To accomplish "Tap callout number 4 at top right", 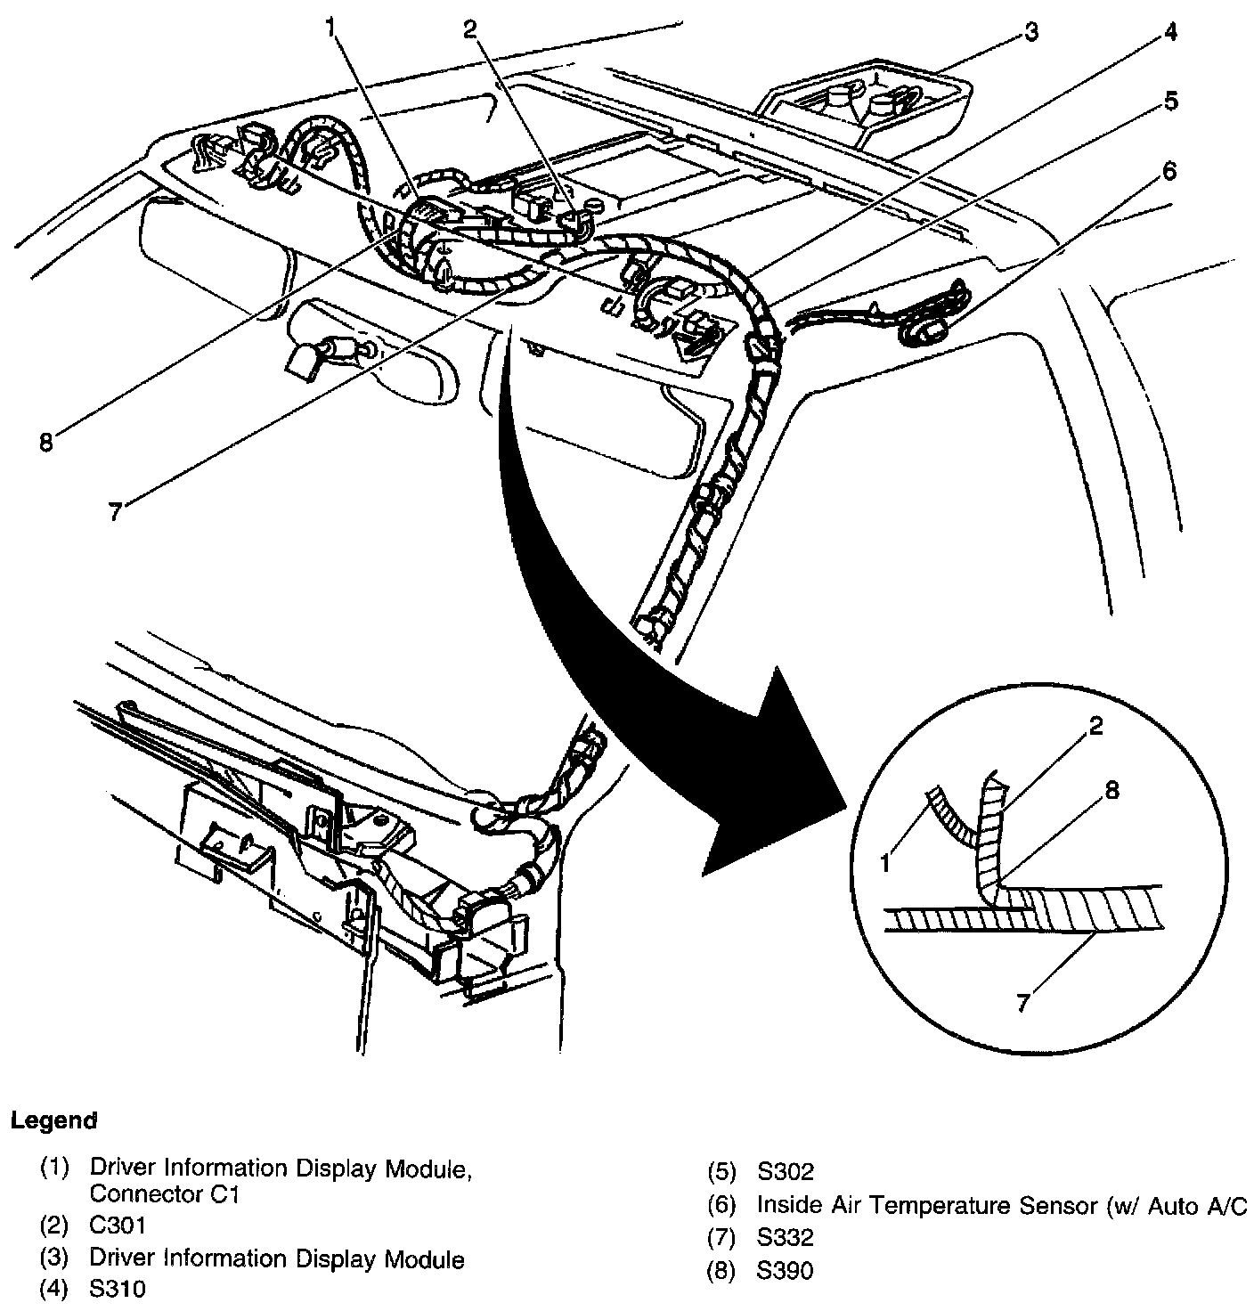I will pos(1168,34).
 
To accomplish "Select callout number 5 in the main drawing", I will pos(1170,102).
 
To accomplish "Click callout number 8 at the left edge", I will pos(46,441).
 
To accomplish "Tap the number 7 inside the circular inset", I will pos(1023,1003).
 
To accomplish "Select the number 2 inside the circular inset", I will pos(1095,727).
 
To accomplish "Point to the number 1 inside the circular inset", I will pos(886,862).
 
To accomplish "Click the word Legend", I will pos(53,1120).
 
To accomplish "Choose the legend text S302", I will pos(785,1172).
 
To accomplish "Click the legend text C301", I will pos(118,1225).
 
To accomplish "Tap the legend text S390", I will pos(785,1272).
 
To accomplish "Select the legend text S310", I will pos(118,1289).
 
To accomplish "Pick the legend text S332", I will pos(785,1238).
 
